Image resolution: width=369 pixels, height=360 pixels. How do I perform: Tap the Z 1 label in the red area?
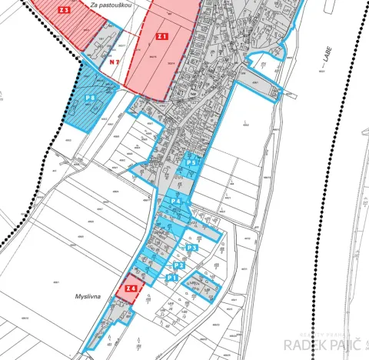pos(162,36)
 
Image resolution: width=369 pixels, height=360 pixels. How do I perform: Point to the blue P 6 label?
pos(91,98)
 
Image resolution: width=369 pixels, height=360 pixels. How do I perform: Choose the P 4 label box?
pos(175,202)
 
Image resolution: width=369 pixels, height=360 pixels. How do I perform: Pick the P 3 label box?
pos(193,248)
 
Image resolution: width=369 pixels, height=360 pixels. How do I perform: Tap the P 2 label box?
pos(178,265)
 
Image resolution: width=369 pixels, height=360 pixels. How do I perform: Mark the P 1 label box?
pos(172,276)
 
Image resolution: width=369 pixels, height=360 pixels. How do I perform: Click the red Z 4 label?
pos(131,289)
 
